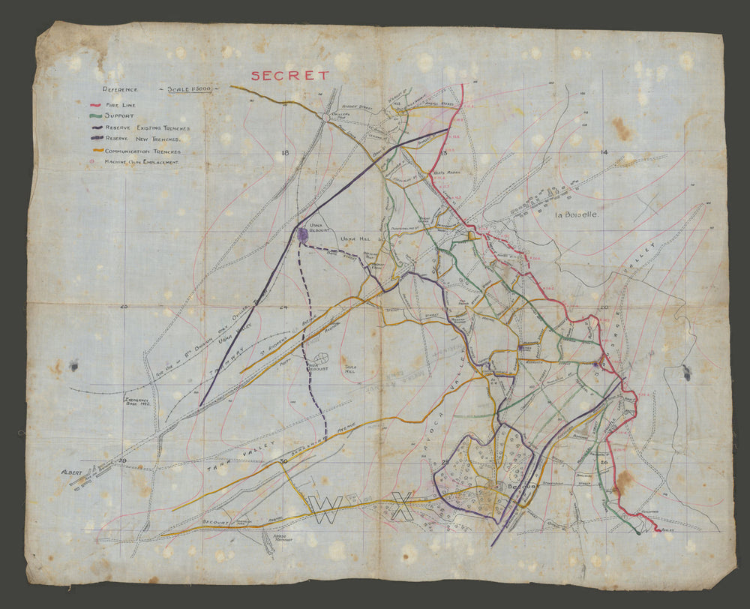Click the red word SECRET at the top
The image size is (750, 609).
289,75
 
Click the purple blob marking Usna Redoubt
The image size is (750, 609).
300,235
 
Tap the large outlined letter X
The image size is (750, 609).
402,506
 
